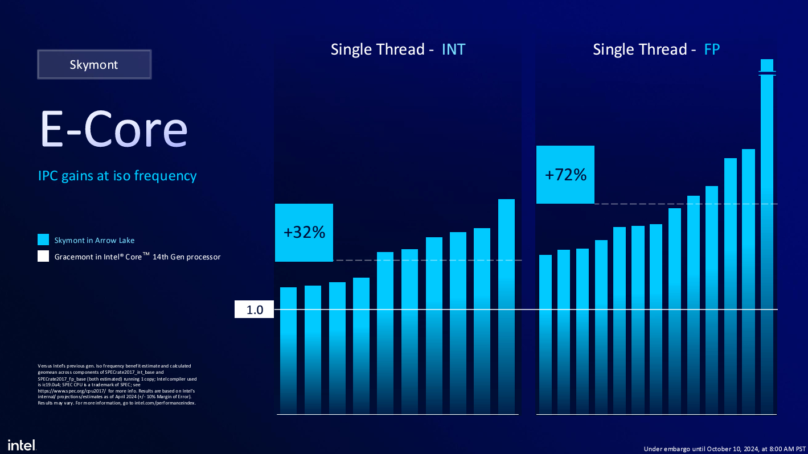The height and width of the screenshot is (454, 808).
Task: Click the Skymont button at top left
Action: [x=94, y=64]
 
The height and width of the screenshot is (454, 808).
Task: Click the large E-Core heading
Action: [x=113, y=130]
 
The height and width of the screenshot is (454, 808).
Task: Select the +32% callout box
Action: [x=304, y=233]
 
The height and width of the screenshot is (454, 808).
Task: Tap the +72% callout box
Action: [x=565, y=175]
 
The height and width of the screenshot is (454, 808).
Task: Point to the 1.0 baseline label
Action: [x=255, y=310]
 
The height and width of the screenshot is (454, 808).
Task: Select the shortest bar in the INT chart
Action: [x=289, y=350]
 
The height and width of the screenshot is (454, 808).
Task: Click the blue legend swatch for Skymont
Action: [x=43, y=240]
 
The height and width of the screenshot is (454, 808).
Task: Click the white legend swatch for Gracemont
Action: [x=43, y=257]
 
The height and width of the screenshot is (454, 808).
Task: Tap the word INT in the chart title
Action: [x=453, y=49]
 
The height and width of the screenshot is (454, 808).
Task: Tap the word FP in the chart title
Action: [x=712, y=49]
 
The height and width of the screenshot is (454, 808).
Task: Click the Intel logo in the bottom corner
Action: [x=22, y=444]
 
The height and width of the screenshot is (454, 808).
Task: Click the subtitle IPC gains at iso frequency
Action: [x=117, y=176]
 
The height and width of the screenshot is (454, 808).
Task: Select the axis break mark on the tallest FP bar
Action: [x=767, y=73]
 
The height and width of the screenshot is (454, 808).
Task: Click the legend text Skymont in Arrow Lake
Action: [x=95, y=240]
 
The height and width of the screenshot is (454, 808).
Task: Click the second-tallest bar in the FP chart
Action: [x=748, y=282]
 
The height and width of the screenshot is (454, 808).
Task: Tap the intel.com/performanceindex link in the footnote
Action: [x=165, y=403]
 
